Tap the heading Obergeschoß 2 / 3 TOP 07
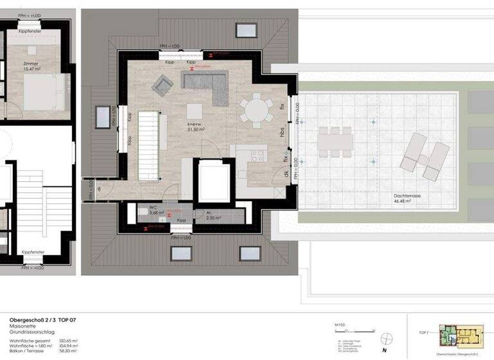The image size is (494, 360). click(x=42, y=319)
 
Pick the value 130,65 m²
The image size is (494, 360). click(x=69, y=341)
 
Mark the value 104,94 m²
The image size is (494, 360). click(x=69, y=346)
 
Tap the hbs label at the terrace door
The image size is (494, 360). click(x=282, y=132)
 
